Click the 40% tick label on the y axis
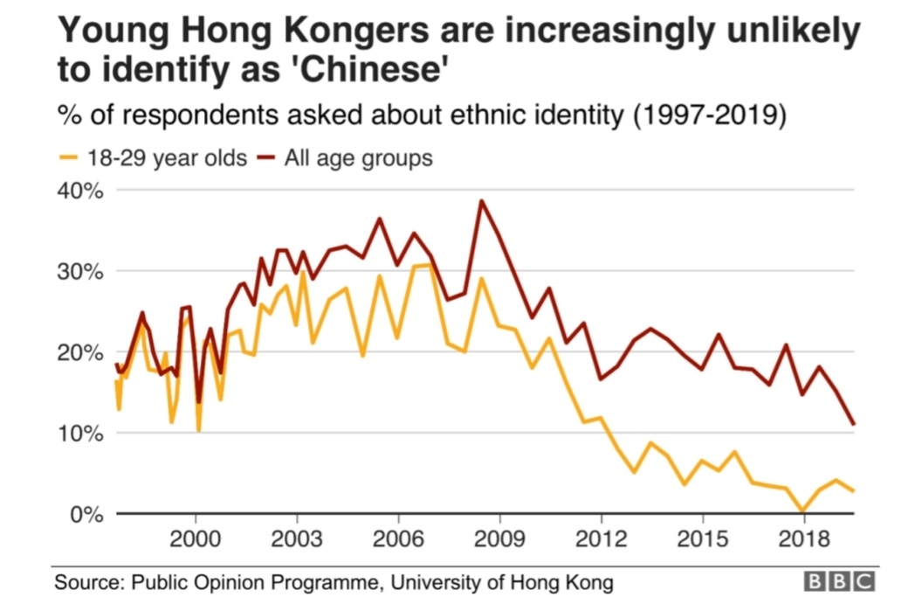click(x=80, y=190)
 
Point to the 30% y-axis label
click(x=80, y=271)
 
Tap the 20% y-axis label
click(x=80, y=352)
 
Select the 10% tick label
click(x=80, y=434)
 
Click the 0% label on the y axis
click(x=86, y=514)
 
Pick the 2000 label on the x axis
click(x=196, y=537)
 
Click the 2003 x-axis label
click(x=297, y=537)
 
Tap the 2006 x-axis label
click(x=398, y=537)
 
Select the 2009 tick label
click(x=499, y=537)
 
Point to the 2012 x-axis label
click(x=601, y=537)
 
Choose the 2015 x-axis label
click(x=702, y=537)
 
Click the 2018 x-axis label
click(x=803, y=537)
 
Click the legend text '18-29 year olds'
click(x=166, y=159)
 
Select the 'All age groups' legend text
click(x=359, y=159)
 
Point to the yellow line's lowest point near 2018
click(x=802, y=511)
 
